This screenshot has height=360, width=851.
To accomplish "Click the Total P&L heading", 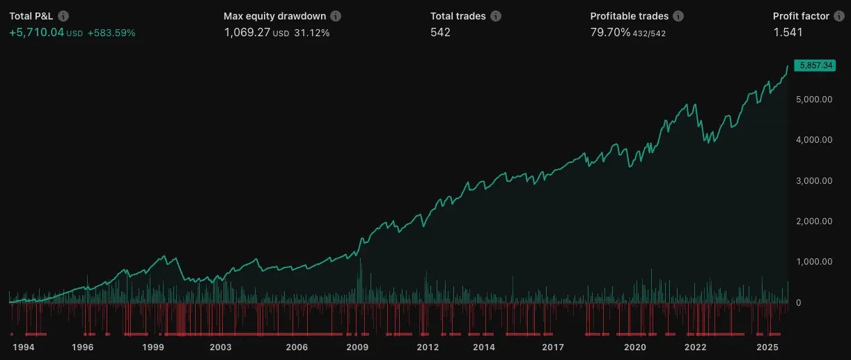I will coord(31,16).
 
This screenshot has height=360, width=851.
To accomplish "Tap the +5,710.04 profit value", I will coord(36,33).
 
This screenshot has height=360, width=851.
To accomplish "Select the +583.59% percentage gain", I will coord(111,33).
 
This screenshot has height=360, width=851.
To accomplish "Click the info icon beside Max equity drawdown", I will coord(336,16).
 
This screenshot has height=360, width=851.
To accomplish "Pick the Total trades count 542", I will coord(440,33).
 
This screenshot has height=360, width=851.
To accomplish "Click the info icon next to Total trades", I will coord(495,16).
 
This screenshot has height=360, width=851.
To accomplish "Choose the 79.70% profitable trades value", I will coord(610,33).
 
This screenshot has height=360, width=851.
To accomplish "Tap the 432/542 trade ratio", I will coord(649,33).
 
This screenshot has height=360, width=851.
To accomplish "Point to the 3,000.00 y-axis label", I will coord(814,180).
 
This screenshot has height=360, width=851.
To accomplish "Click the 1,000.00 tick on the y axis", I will coord(814,262).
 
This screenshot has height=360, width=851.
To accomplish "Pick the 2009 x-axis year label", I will coord(357,347).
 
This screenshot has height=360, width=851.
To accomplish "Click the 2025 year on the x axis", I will coord(767,347).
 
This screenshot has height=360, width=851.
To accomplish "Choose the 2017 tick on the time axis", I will coord(553,347).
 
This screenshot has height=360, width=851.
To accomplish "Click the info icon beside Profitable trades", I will coord(679,16).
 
